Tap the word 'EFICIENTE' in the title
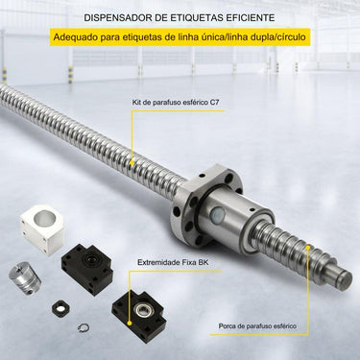click(x=250, y=17)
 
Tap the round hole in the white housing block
click(x=43, y=223)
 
